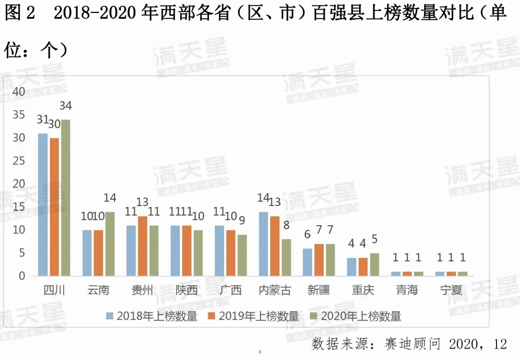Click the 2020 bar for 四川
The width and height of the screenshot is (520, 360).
tap(65, 197)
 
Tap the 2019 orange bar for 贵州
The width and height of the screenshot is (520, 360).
tap(143, 246)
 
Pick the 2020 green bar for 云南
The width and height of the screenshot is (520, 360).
tap(110, 244)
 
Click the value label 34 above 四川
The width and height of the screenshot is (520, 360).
tap(65, 105)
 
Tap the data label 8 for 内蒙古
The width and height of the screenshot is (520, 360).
tap(286, 224)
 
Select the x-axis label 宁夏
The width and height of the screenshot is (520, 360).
tap(451, 290)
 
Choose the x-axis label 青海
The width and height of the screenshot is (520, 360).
tap(407, 290)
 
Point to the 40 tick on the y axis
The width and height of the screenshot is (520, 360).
tap(19, 91)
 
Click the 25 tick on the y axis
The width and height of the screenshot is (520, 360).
tap(19, 161)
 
